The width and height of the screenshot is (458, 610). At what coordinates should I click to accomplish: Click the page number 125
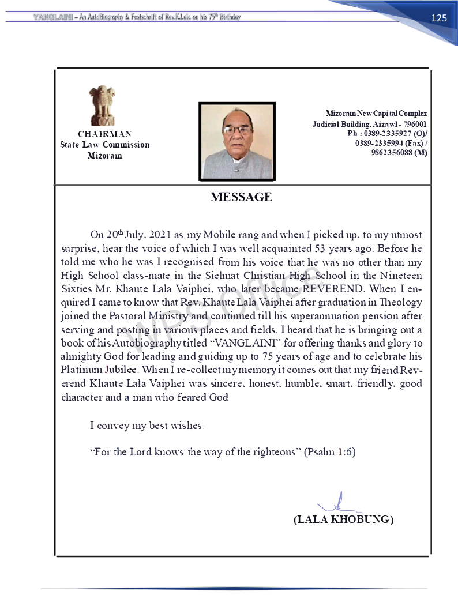[x=438, y=18]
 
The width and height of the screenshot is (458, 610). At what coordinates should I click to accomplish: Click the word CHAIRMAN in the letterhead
[x=104, y=134]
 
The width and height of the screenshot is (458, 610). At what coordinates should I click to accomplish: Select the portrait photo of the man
[x=236, y=141]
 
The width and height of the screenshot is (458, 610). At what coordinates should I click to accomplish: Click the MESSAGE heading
[x=241, y=197]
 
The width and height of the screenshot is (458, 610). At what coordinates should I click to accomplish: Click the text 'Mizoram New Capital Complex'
[x=376, y=114]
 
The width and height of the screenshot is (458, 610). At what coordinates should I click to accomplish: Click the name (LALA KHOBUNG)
[x=343, y=519]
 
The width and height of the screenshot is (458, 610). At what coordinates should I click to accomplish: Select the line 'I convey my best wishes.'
[x=147, y=426]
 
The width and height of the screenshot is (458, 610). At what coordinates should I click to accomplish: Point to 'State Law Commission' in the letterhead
[x=104, y=145]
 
